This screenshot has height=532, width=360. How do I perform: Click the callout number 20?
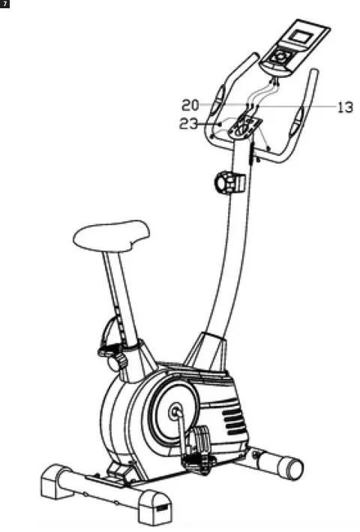(x=190, y=104)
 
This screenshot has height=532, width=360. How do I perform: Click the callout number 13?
(x=344, y=107)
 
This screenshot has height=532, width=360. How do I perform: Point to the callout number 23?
(x=189, y=125)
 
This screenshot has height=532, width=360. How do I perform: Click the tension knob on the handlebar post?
(x=228, y=182)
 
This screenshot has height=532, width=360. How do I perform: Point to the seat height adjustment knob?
(x=115, y=362)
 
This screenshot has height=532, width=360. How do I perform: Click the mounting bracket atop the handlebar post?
(x=244, y=126)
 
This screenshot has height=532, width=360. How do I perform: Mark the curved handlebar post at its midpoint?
(x=231, y=255)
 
